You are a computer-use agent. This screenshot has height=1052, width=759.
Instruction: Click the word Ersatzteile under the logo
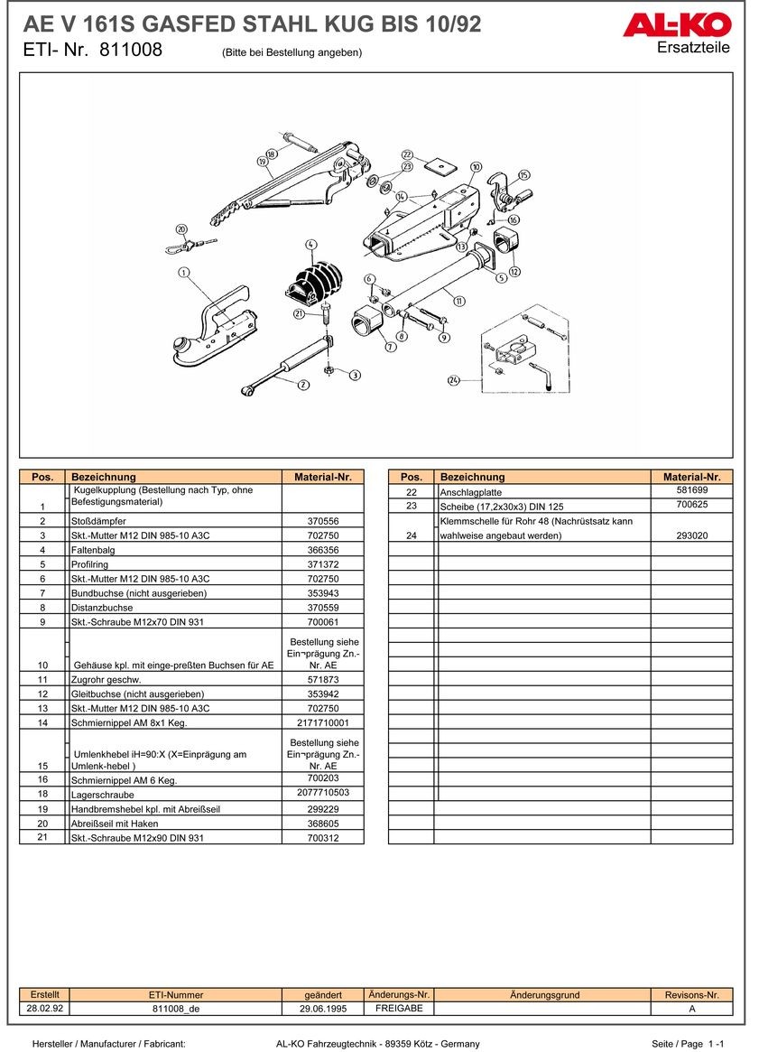click(694, 48)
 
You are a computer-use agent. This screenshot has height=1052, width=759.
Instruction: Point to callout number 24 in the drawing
click(454, 380)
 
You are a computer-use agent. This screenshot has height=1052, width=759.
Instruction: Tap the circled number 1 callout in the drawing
click(183, 271)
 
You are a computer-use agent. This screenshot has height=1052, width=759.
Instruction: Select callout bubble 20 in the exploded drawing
click(181, 229)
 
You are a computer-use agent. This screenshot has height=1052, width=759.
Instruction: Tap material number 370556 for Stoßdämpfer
click(322, 521)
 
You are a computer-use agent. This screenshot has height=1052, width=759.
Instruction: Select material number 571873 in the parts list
click(322, 679)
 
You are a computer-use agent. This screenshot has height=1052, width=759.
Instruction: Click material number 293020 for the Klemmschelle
click(691, 535)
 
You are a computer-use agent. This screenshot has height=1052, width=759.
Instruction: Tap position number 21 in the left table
click(42, 837)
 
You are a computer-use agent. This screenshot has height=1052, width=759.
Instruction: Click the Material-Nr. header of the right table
click(691, 477)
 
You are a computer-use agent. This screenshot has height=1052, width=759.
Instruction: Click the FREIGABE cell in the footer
click(398, 1009)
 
